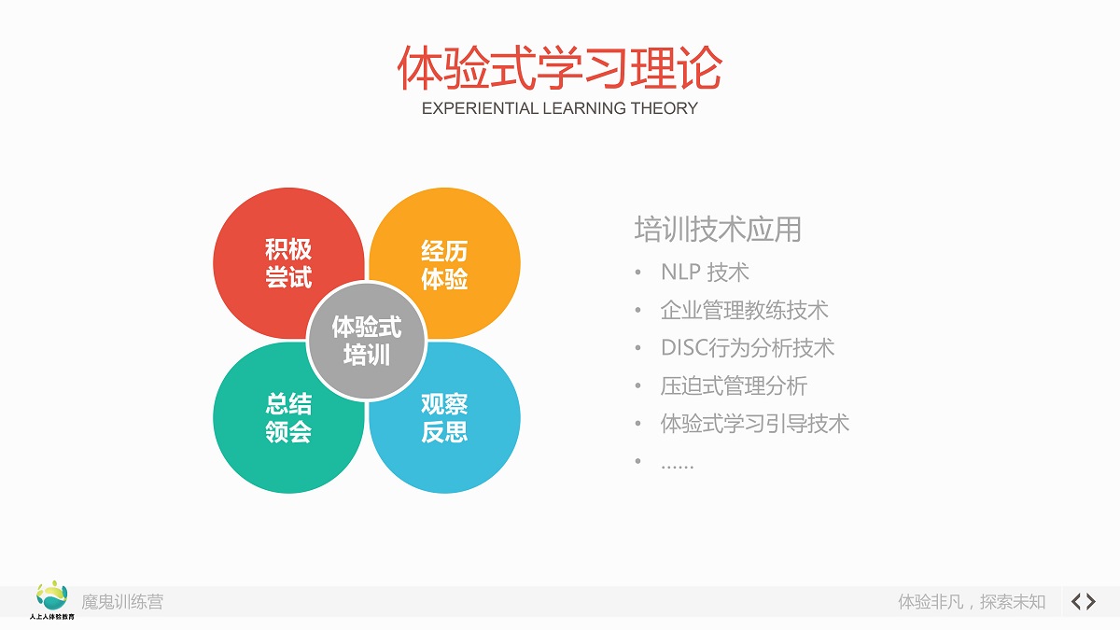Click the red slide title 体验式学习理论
(x=559, y=68)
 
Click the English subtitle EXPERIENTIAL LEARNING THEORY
(x=559, y=108)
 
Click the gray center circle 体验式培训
(x=367, y=341)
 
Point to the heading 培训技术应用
(x=718, y=230)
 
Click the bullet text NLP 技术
(x=705, y=273)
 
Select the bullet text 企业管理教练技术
(x=744, y=311)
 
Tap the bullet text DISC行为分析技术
(x=748, y=348)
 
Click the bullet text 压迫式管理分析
(x=734, y=386)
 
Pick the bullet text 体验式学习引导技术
(x=754, y=424)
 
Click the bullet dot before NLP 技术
(x=638, y=273)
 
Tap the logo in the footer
(x=52, y=600)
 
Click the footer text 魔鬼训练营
(x=122, y=602)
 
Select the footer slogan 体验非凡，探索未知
(x=972, y=602)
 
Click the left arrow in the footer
(x=1076, y=601)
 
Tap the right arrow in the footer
(x=1091, y=601)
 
